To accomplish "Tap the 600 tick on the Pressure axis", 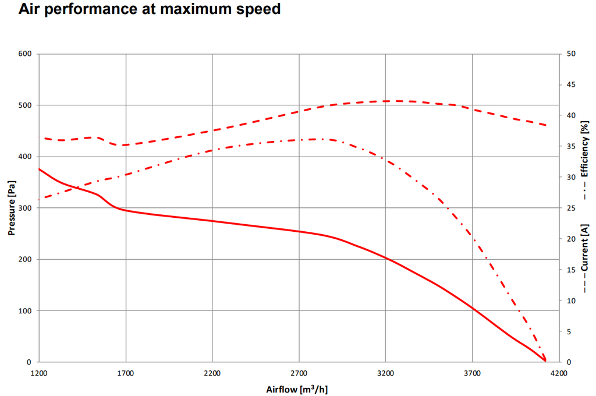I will tap(25, 54).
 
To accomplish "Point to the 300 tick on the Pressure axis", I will tap(25, 208).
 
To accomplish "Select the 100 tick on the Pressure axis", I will tap(25, 310).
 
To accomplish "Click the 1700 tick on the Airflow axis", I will tap(126, 372).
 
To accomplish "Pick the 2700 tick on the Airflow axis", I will tap(299, 372).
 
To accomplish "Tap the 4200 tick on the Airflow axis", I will tap(559, 372).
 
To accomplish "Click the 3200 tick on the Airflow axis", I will tap(385, 372).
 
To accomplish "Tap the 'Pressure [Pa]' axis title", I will tap(11, 208).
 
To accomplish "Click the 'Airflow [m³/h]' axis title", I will tap(301, 388).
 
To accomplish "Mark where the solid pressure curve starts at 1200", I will tap(39, 169).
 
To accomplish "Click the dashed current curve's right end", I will tap(545, 125).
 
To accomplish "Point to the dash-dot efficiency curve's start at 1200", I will tap(39, 199).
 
